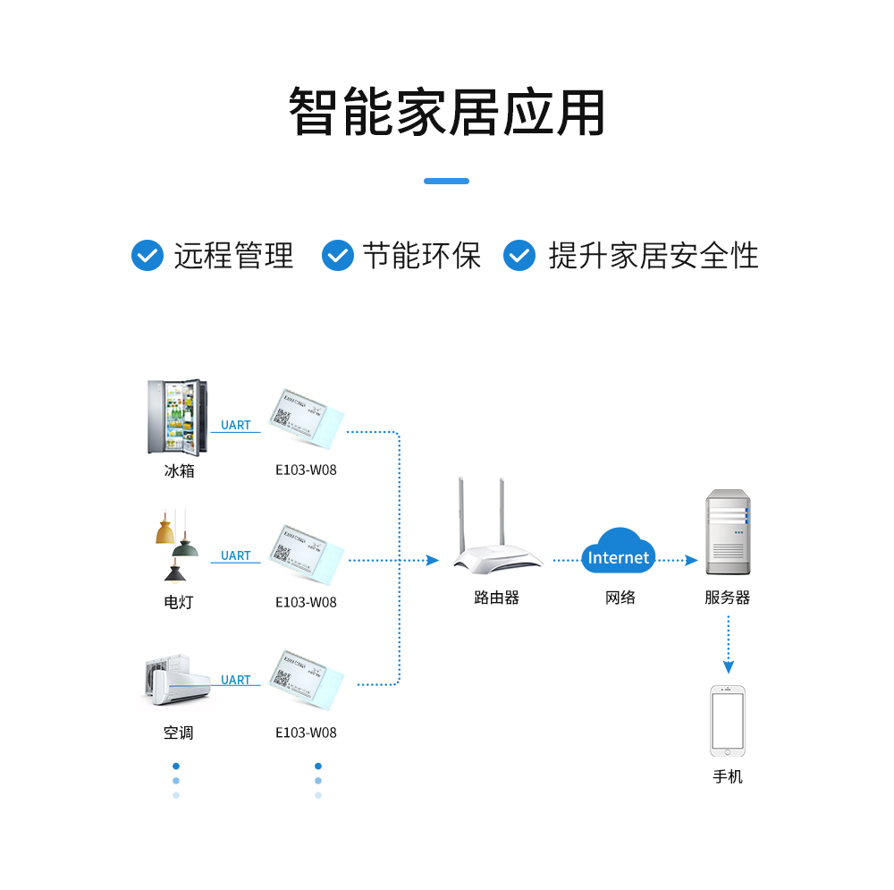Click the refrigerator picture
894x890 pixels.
click(177, 417)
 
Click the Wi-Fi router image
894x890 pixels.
click(497, 532)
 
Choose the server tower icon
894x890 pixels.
click(727, 532)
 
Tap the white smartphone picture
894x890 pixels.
click(728, 721)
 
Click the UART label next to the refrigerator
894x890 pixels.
click(236, 425)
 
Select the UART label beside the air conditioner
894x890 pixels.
click(236, 680)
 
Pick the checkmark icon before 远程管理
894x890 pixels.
click(148, 255)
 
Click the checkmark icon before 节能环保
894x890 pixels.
click(338, 255)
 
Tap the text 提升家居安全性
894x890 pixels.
click(654, 256)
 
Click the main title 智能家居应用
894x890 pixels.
click(447, 113)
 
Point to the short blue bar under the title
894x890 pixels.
click(446, 181)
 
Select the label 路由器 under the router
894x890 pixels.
click(496, 598)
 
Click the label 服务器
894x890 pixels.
click(727, 598)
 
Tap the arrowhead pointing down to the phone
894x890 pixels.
click(728, 667)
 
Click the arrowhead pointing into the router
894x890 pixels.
click(433, 560)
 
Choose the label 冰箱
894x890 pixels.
click(179, 470)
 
